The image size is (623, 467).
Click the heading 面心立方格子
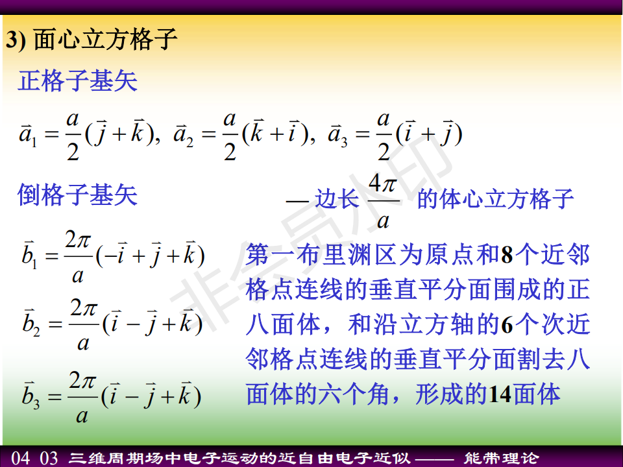coord(105,39)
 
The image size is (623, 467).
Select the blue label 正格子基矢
coord(77,81)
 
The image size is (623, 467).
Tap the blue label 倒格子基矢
coord(77,195)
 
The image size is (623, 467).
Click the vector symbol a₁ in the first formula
coord(28,134)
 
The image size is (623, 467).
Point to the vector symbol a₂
coord(183,134)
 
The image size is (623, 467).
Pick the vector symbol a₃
coord(337,134)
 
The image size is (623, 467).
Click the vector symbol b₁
coord(29,255)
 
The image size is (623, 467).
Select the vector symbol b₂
coord(31,322)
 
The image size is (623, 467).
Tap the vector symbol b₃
coord(31,395)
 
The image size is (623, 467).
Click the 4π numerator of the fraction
coord(383,184)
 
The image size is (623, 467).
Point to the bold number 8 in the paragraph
coord(507,255)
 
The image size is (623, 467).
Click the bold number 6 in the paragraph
coord(507,325)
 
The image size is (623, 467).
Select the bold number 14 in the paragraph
coord(500,395)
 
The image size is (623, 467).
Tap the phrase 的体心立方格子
coord(495,198)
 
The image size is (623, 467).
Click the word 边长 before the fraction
coord(337,198)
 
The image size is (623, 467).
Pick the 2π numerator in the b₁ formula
coord(78,239)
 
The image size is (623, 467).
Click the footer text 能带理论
coord(502,458)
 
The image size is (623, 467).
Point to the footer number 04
coord(20,458)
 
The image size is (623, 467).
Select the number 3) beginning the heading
coord(16,40)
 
